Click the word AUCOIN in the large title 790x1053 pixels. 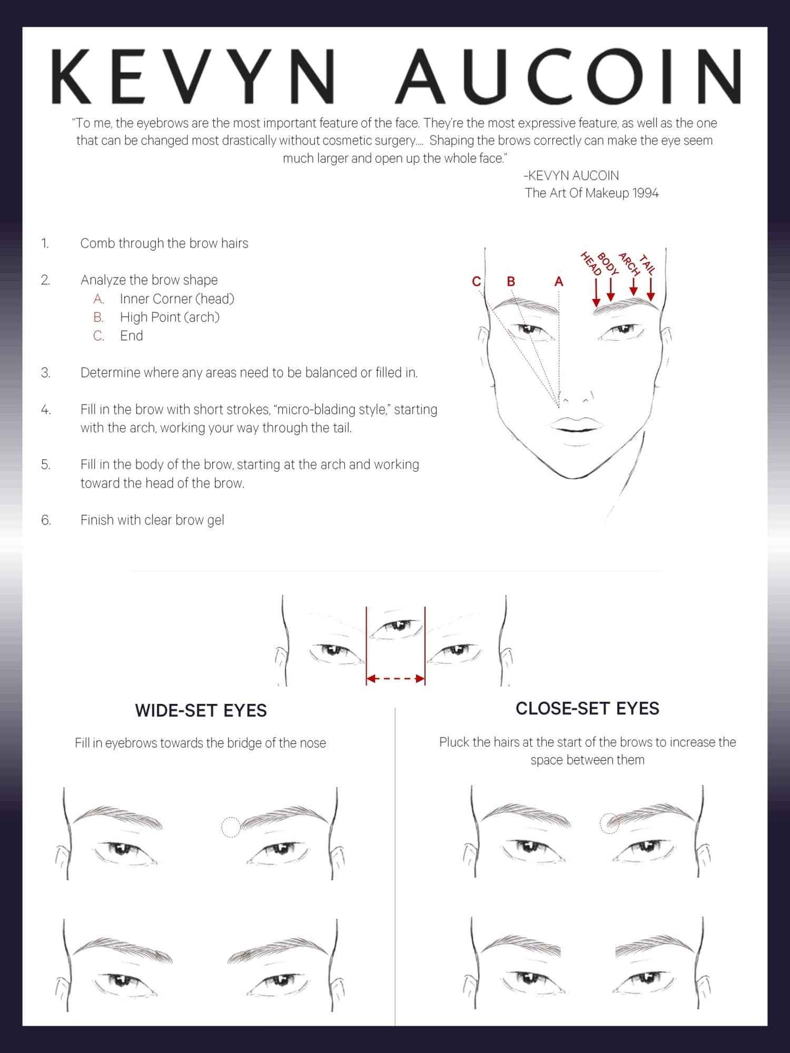coord(569,77)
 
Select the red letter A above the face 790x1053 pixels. coord(558,281)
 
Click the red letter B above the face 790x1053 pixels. coord(511,281)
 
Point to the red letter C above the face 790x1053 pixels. coord(476,281)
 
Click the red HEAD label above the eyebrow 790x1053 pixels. coord(590,263)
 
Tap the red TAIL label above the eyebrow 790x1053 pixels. coord(647,264)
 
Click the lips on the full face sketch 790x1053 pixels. coord(576,425)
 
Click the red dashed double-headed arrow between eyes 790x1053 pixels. coord(395,679)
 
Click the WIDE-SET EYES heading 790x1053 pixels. coord(201,710)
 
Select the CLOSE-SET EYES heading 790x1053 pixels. coord(587,708)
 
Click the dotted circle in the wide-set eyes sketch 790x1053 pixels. coord(231,827)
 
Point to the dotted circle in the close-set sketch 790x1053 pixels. coord(610,823)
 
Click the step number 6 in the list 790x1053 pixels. coord(46,520)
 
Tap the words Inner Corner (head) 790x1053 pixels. coord(177,299)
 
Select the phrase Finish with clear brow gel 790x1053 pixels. coord(152,520)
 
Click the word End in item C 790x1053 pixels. coord(131,336)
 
